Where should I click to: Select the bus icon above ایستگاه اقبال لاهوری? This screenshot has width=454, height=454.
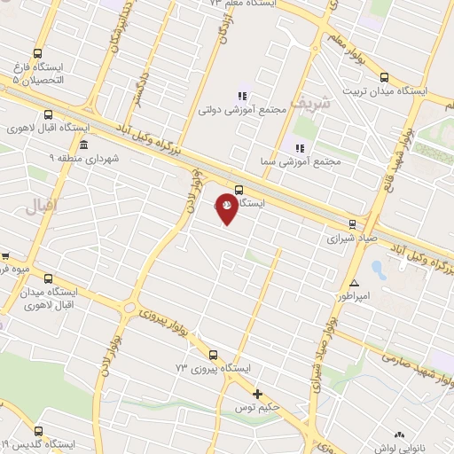click(x=48, y=113)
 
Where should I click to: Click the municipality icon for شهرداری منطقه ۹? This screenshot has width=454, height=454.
click(x=83, y=145)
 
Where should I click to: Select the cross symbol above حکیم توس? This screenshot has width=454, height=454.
click(x=258, y=394)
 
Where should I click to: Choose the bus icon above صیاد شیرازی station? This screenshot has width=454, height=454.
click(x=353, y=224)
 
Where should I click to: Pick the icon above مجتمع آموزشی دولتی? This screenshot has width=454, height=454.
click(x=241, y=96)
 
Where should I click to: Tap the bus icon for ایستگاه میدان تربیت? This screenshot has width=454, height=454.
click(x=384, y=76)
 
